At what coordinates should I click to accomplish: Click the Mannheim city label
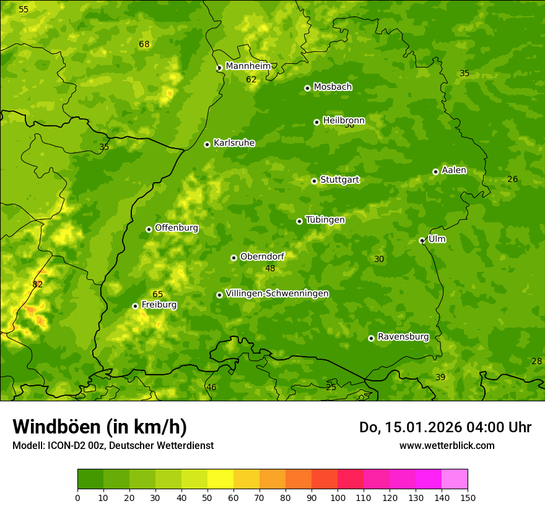coord(248,66)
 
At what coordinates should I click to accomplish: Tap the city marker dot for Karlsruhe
coord(207,144)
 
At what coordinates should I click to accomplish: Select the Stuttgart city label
coord(339,180)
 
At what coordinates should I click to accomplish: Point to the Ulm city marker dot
coord(422,240)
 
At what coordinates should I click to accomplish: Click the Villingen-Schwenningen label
coord(277,294)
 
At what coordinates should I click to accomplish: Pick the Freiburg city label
coord(159,305)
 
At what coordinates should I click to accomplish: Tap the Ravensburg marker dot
coord(371,338)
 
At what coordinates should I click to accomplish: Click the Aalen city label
coord(454,170)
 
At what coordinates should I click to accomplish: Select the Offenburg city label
coord(177,228)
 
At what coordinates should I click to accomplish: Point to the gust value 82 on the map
coord(38,284)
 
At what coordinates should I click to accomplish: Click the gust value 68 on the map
coord(144,44)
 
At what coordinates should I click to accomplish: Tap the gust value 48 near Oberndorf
coord(270,268)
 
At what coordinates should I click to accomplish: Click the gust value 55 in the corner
coord(24,9)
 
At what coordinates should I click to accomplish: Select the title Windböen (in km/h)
coord(100,427)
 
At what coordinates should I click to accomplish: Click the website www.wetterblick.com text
coord(447,445)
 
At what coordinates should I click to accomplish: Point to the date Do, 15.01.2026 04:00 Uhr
coord(445,427)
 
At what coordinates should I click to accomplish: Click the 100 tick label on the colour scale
coord(338,497)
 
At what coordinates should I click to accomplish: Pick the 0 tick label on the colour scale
coord(77,497)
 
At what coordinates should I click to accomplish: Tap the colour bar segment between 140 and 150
coord(455,479)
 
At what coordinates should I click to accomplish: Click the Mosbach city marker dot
coord(307,88)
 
